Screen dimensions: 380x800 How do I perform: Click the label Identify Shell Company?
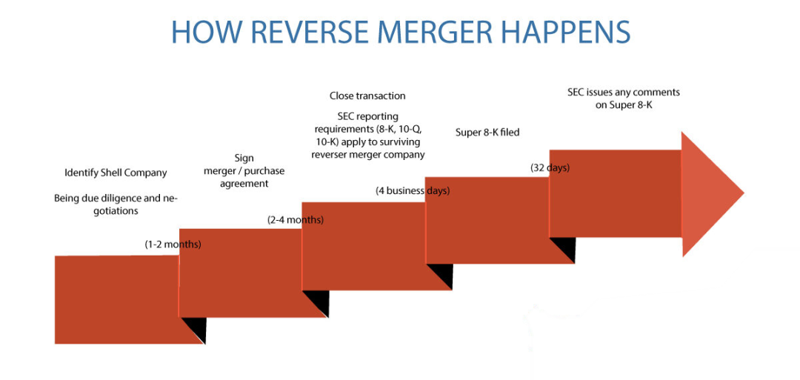click(116, 173)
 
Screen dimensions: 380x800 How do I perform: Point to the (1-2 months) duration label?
click(173, 244)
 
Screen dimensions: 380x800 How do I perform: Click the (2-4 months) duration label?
click(296, 219)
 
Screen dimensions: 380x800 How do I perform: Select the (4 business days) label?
click(413, 190)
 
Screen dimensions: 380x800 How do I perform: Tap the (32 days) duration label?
click(550, 167)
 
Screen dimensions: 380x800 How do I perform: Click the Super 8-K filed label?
click(487, 133)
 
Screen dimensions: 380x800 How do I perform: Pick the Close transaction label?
click(367, 96)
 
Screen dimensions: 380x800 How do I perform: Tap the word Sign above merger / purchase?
click(244, 158)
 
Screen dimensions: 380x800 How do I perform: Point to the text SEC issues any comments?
click(624, 93)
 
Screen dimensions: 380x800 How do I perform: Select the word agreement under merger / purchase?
click(244, 184)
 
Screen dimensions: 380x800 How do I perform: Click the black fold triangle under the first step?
click(194, 328)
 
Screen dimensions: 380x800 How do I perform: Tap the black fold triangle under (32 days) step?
click(564, 248)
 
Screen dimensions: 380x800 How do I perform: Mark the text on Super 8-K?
click(624, 105)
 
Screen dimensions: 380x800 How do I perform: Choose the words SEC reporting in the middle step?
click(367, 116)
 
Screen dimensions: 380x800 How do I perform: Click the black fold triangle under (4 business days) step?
click(441, 275)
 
